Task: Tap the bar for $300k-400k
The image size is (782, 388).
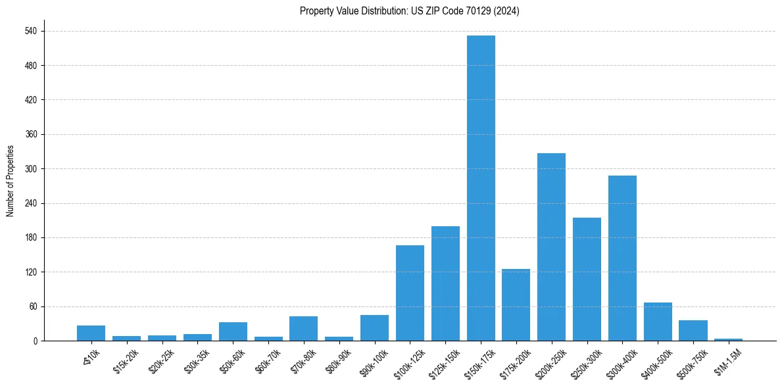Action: coord(622,258)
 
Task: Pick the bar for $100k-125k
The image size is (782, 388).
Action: coord(410,293)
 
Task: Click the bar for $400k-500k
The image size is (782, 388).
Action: coord(658,322)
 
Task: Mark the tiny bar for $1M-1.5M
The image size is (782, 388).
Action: coord(728,339)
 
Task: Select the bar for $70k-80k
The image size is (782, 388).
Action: coord(303,328)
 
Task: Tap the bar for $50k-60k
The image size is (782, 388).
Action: coord(233,331)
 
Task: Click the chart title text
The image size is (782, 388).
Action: coord(409,11)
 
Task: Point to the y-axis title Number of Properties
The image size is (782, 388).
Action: coord(11,181)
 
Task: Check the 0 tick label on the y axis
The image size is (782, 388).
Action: coord(35,341)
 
